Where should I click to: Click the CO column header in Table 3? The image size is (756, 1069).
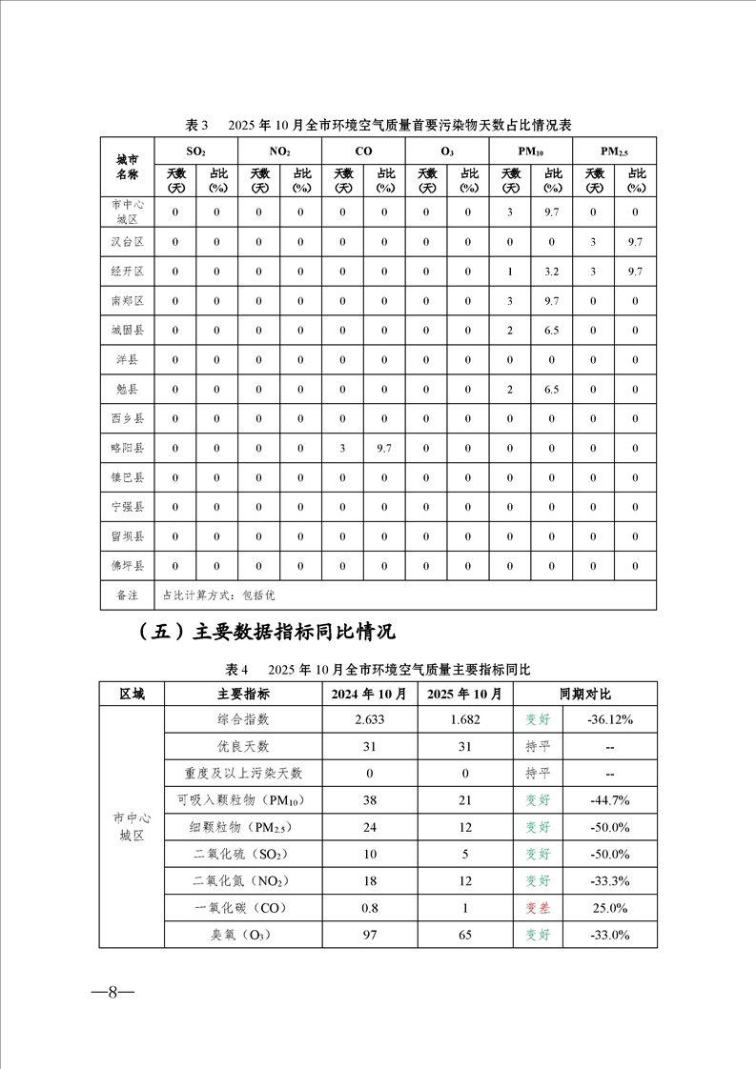[363, 151]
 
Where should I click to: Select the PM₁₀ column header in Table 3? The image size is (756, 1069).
[531, 151]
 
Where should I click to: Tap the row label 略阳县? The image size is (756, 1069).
[128, 448]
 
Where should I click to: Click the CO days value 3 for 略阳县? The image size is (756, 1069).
[342, 448]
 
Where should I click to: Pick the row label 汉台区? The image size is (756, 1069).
[128, 242]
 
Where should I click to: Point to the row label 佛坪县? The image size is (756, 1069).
[128, 566]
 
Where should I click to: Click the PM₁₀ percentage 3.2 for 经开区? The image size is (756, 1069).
[551, 272]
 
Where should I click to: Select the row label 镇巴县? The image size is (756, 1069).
[128, 477]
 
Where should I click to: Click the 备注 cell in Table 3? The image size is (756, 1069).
[128, 595]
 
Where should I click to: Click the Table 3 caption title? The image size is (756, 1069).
[378, 125]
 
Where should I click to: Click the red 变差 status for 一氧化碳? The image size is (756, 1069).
[539, 908]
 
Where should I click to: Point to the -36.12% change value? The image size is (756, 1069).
[609, 719]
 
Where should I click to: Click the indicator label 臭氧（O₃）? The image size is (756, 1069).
[231, 936]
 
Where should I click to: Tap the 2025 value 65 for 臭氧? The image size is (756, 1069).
[465, 936]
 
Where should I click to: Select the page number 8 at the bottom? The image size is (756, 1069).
[112, 991]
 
